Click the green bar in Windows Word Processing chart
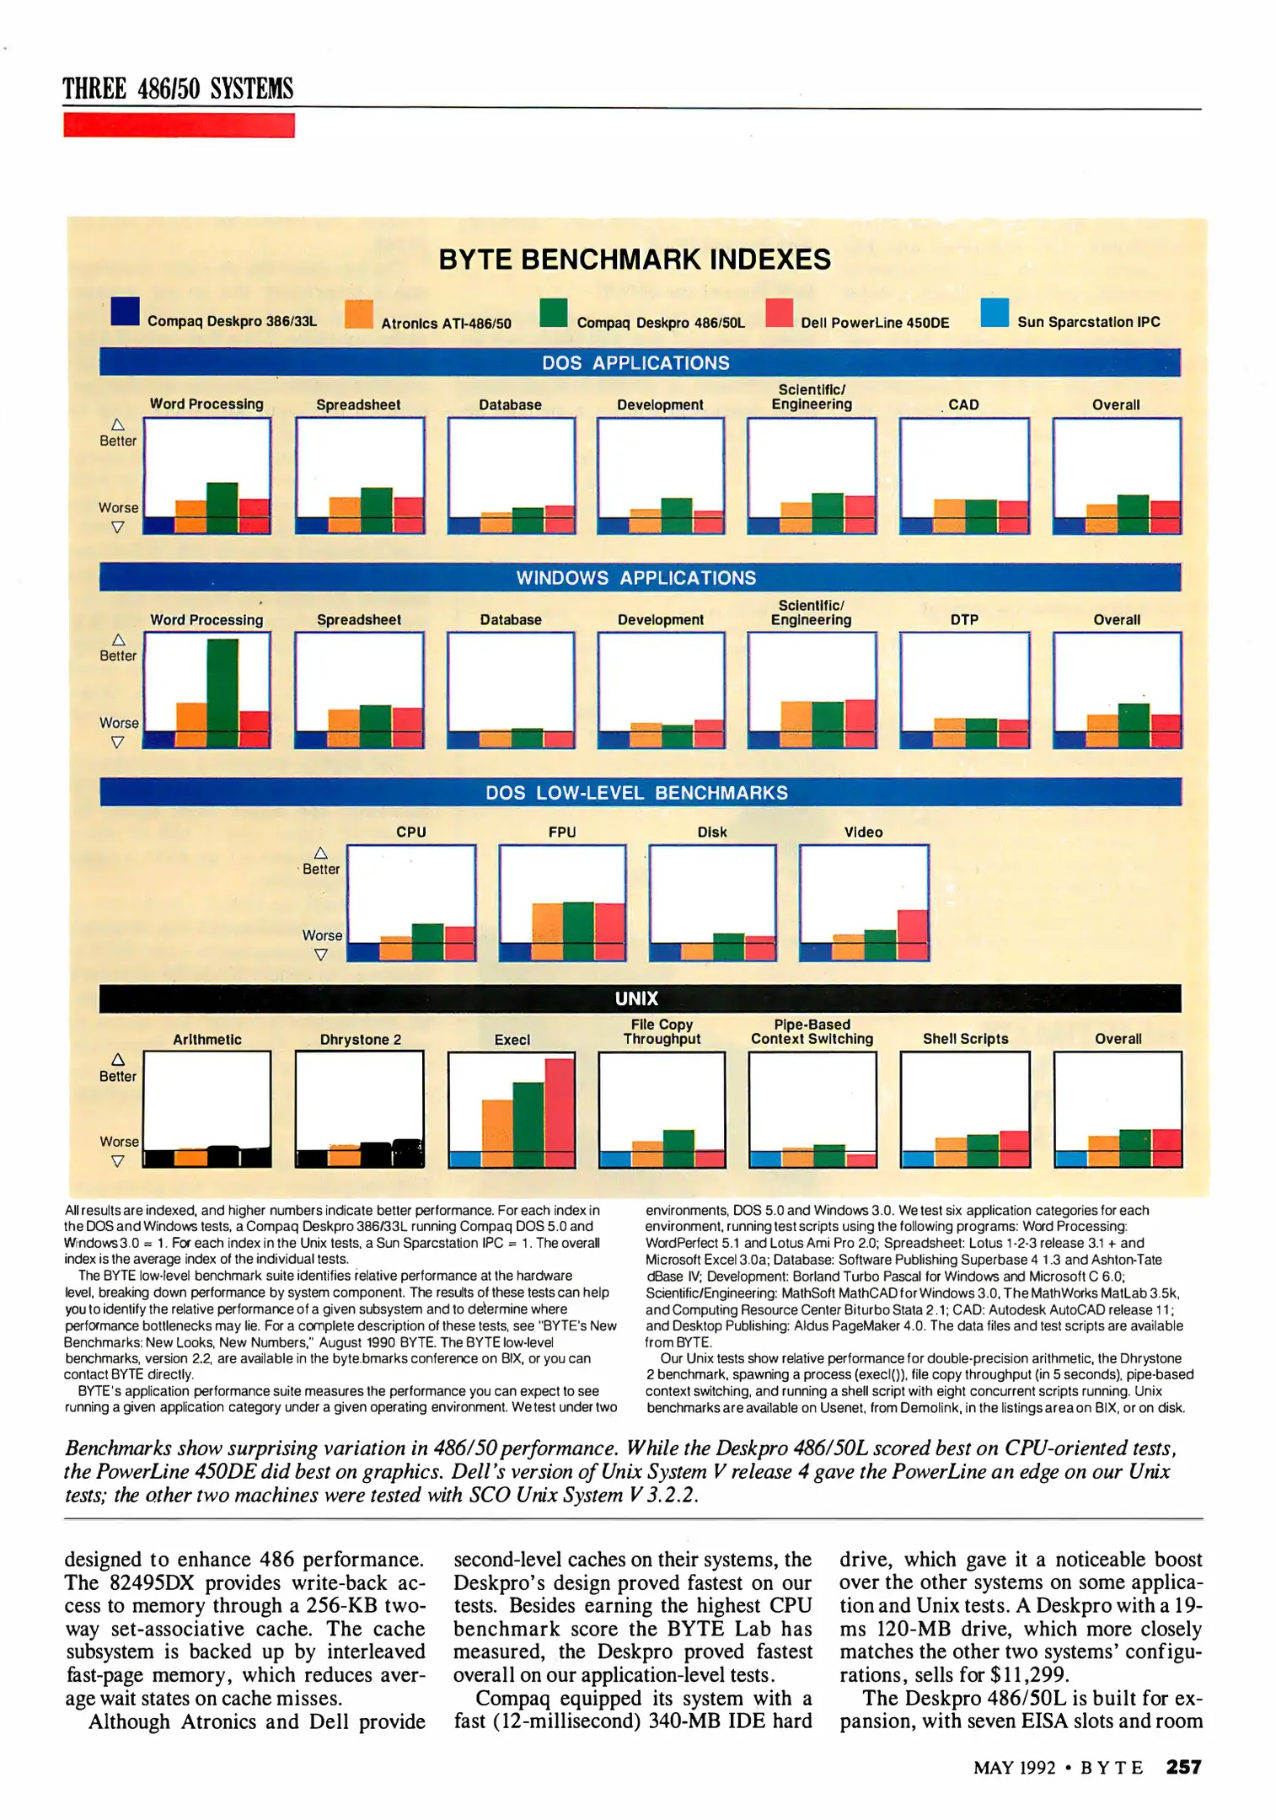point(222,693)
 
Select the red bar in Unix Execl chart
point(560,1112)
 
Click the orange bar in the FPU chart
point(547,931)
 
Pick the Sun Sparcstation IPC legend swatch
point(995,313)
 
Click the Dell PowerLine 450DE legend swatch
point(779,313)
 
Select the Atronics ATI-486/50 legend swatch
point(359,313)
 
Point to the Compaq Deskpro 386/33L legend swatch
point(125,311)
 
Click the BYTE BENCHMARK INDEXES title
point(635,260)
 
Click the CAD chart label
point(963,404)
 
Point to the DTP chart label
point(964,619)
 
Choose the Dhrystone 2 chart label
point(360,1039)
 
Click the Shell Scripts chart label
point(965,1039)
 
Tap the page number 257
point(1183,1767)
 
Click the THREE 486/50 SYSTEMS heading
point(178,89)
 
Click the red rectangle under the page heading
point(179,126)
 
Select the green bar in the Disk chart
point(729,946)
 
